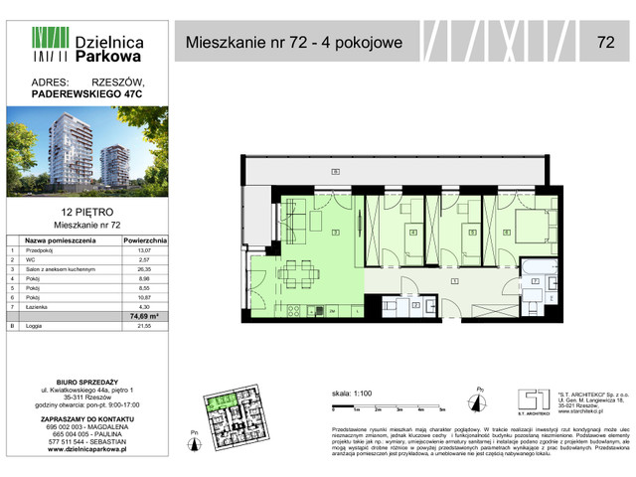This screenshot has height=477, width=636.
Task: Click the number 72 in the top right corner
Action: tap(604, 42)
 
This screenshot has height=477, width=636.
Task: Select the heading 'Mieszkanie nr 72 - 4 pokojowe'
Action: tap(294, 43)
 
